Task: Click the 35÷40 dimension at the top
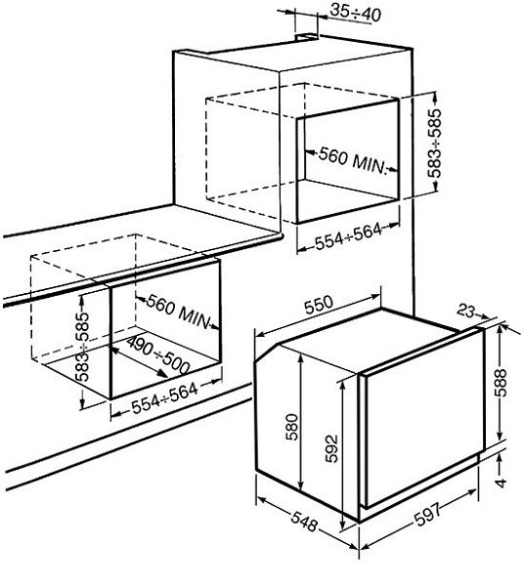pos(355,14)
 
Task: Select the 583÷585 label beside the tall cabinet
pos(434,144)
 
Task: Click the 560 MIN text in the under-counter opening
pos(178,312)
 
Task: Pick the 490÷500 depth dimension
pos(157,355)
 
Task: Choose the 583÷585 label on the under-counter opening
pos(83,347)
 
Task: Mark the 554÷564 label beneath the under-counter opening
pos(165,399)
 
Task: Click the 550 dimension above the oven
pos(319,305)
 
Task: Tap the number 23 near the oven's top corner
pos(466,310)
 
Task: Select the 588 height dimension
pos(501,382)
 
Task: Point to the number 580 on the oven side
pos(292,427)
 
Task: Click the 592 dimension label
pos(331,448)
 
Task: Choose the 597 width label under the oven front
pos(427,516)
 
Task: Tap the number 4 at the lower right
pos(501,482)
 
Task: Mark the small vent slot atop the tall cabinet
pos(307,36)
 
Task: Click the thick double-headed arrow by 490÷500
pos(138,361)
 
